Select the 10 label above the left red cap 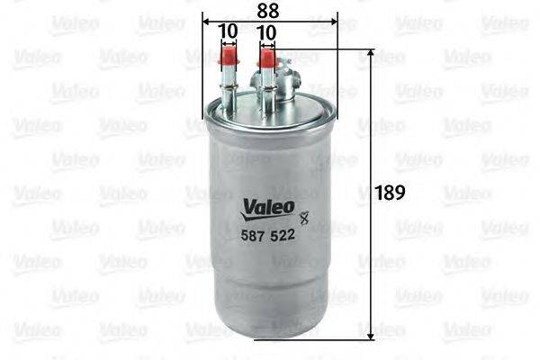coord(228,31)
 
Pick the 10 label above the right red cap coord(265,31)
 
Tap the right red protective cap coord(266,60)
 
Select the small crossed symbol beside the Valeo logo coord(302,214)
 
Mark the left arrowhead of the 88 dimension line coord(207,21)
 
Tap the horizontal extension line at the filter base coord(315,338)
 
